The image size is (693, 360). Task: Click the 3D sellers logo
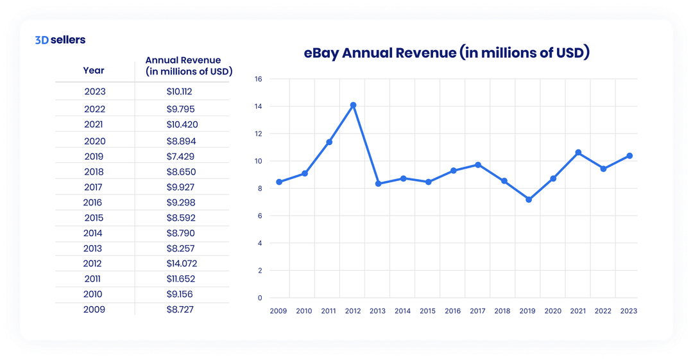click(60, 40)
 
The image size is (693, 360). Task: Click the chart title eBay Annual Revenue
click(446, 53)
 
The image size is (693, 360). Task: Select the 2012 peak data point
click(353, 105)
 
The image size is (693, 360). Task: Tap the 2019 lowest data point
click(528, 200)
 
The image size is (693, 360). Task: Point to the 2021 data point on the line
click(578, 153)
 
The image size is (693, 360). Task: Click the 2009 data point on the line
click(278, 182)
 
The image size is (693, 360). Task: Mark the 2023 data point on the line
click(629, 156)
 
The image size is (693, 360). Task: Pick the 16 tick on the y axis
click(259, 79)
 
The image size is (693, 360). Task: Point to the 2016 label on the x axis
click(453, 311)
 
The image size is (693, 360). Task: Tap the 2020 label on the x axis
click(552, 311)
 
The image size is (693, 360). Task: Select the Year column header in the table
click(94, 71)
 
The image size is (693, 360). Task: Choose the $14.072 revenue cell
click(180, 264)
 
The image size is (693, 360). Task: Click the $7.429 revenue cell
click(180, 157)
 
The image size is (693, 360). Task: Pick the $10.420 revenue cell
click(180, 124)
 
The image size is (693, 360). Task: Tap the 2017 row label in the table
click(94, 187)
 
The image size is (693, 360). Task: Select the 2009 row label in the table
click(94, 309)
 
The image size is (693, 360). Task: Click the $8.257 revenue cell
click(180, 248)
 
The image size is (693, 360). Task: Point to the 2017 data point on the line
click(478, 165)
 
